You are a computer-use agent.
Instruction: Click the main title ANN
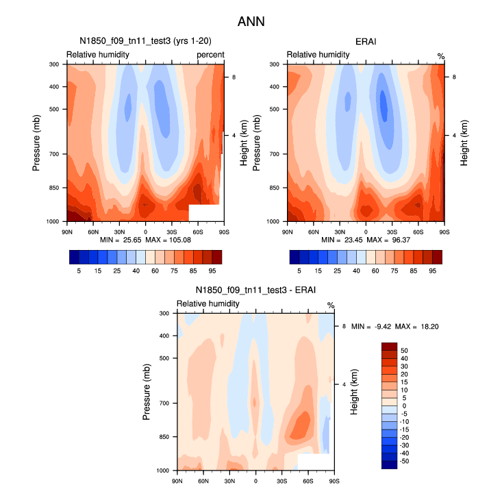point(251,22)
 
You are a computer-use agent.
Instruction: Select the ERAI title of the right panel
point(365,42)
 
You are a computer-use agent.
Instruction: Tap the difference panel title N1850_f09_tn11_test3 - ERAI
point(255,290)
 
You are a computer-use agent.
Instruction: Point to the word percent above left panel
point(210,54)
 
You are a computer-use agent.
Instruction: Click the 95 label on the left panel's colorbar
point(212,271)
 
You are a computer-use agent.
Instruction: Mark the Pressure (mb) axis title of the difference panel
point(147,392)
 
